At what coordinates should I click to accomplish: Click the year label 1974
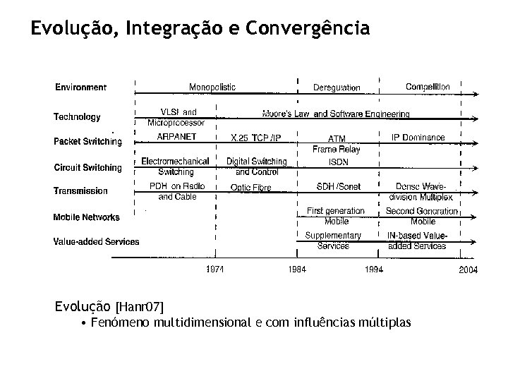pyautogui.click(x=216, y=270)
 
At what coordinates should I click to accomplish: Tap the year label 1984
pyautogui.click(x=298, y=270)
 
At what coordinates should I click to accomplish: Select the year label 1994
pyautogui.click(x=374, y=270)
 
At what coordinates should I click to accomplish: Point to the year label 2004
pyautogui.click(x=468, y=270)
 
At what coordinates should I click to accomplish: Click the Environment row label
pyautogui.click(x=81, y=87)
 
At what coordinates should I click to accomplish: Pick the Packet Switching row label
pyautogui.click(x=87, y=141)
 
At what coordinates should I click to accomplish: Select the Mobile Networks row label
pyautogui.click(x=86, y=217)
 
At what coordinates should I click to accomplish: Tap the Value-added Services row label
pyautogui.click(x=96, y=241)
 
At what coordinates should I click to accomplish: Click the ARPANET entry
pyautogui.click(x=176, y=137)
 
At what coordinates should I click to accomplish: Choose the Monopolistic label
pyautogui.click(x=212, y=87)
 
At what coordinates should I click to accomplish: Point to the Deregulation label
pyautogui.click(x=337, y=87)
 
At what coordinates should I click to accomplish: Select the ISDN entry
pyautogui.click(x=338, y=162)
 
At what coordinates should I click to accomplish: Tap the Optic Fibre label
pyautogui.click(x=250, y=187)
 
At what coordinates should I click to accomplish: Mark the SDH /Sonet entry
pyautogui.click(x=337, y=186)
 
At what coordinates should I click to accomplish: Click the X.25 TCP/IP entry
pyautogui.click(x=256, y=138)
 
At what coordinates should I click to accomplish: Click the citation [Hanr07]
pyautogui.click(x=139, y=307)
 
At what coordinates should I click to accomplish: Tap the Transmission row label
pyautogui.click(x=80, y=190)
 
